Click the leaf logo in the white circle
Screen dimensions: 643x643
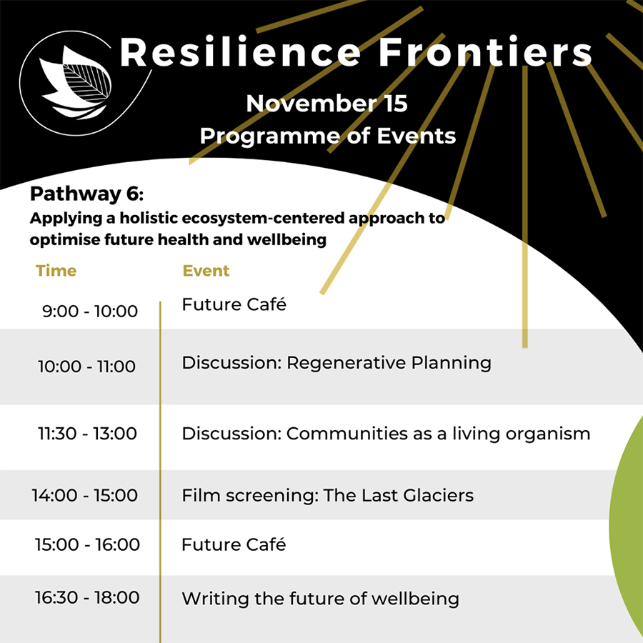[76, 82]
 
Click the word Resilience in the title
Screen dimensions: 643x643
[240, 52]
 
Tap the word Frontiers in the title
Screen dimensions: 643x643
[485, 52]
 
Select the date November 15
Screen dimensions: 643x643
[327, 103]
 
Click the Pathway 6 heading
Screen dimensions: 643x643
[86, 194]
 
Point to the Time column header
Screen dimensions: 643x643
[56, 271]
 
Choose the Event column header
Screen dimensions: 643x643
[206, 271]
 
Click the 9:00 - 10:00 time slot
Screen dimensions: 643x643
[90, 311]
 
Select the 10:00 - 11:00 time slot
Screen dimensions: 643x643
[86, 367]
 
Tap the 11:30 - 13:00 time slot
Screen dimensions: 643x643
[87, 434]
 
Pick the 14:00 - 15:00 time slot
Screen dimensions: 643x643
[84, 495]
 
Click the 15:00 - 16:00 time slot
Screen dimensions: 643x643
[87, 544]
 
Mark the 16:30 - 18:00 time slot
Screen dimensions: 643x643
[87, 597]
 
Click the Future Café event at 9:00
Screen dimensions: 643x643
[234, 304]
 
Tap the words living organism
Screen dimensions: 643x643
[522, 434]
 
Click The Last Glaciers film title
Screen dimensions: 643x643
[398, 495]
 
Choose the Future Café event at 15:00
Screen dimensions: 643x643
[234, 544]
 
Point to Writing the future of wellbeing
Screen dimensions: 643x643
[320, 599]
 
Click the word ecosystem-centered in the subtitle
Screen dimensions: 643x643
[263, 219]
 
